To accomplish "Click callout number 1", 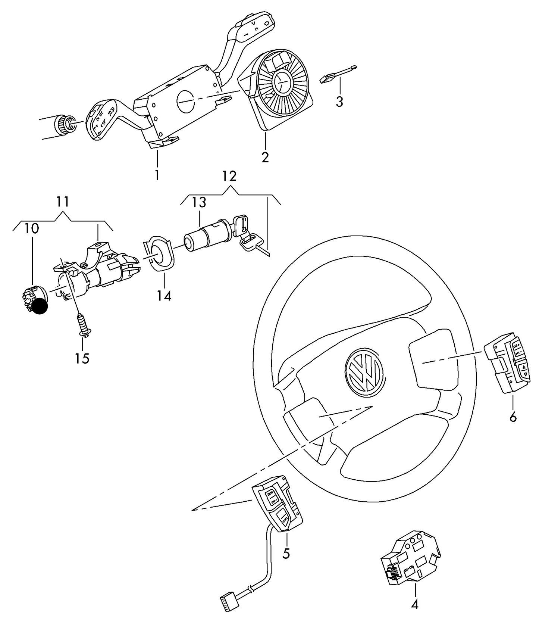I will [x=157, y=175].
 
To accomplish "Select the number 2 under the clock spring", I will [x=265, y=157].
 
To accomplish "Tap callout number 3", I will [x=339, y=101].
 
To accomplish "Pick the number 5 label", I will [x=286, y=554].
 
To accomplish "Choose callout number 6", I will [x=513, y=417].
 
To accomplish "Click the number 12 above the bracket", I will [x=229, y=176].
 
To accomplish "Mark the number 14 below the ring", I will [x=164, y=296].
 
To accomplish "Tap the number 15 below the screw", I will [x=82, y=358].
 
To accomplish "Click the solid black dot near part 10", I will [x=39, y=306].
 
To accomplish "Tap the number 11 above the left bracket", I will [x=63, y=202].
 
